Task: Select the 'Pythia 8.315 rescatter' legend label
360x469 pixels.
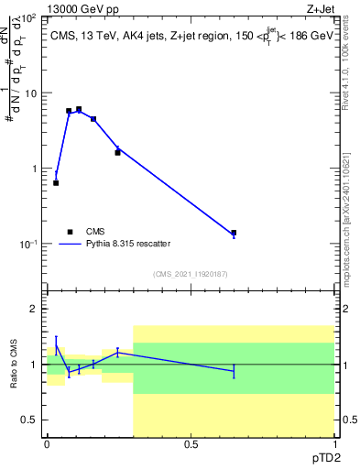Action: coord(126,244)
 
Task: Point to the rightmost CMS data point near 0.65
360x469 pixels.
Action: coord(234,233)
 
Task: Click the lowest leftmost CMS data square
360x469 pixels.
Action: coord(56,183)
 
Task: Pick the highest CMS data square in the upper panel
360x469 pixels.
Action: coord(79,109)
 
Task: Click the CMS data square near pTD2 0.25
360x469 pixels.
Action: coord(117,152)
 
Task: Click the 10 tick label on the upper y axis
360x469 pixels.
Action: coord(32,93)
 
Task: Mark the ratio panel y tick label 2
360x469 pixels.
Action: coord(35,309)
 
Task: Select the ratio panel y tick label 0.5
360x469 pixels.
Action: coord(31,420)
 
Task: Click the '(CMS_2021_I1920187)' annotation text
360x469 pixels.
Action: coord(190,274)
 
